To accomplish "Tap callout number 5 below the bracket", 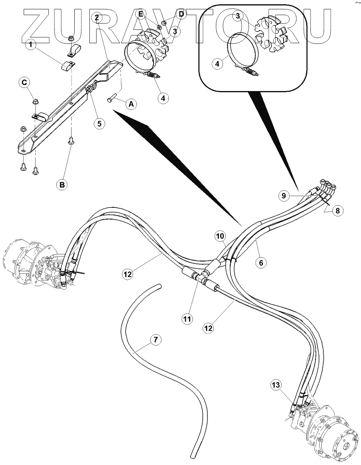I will (x=99, y=124).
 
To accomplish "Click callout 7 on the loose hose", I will (x=155, y=340).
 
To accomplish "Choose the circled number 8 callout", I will (x=337, y=211).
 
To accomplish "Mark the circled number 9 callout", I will (x=284, y=196).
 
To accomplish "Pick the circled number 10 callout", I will (x=220, y=236).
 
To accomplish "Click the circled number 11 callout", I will (x=187, y=319).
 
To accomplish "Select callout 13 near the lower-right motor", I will (x=275, y=385).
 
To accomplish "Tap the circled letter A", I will (x=131, y=104).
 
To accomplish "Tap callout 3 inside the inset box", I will (x=237, y=16).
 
